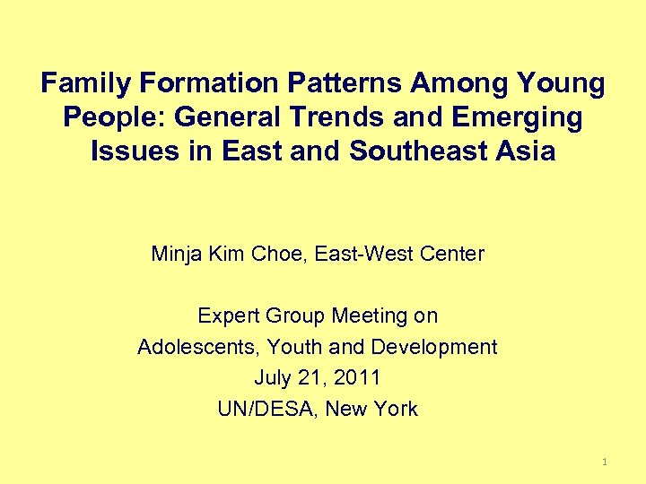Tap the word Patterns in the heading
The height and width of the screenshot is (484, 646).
click(x=345, y=84)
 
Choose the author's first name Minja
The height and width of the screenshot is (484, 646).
click(x=178, y=254)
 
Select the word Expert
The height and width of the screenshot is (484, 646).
click(x=226, y=315)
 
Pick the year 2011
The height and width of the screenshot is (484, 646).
click(x=355, y=377)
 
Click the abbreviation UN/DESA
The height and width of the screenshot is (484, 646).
click(x=266, y=409)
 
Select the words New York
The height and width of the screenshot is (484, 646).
click(x=371, y=409)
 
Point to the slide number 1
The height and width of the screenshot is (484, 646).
click(x=605, y=462)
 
